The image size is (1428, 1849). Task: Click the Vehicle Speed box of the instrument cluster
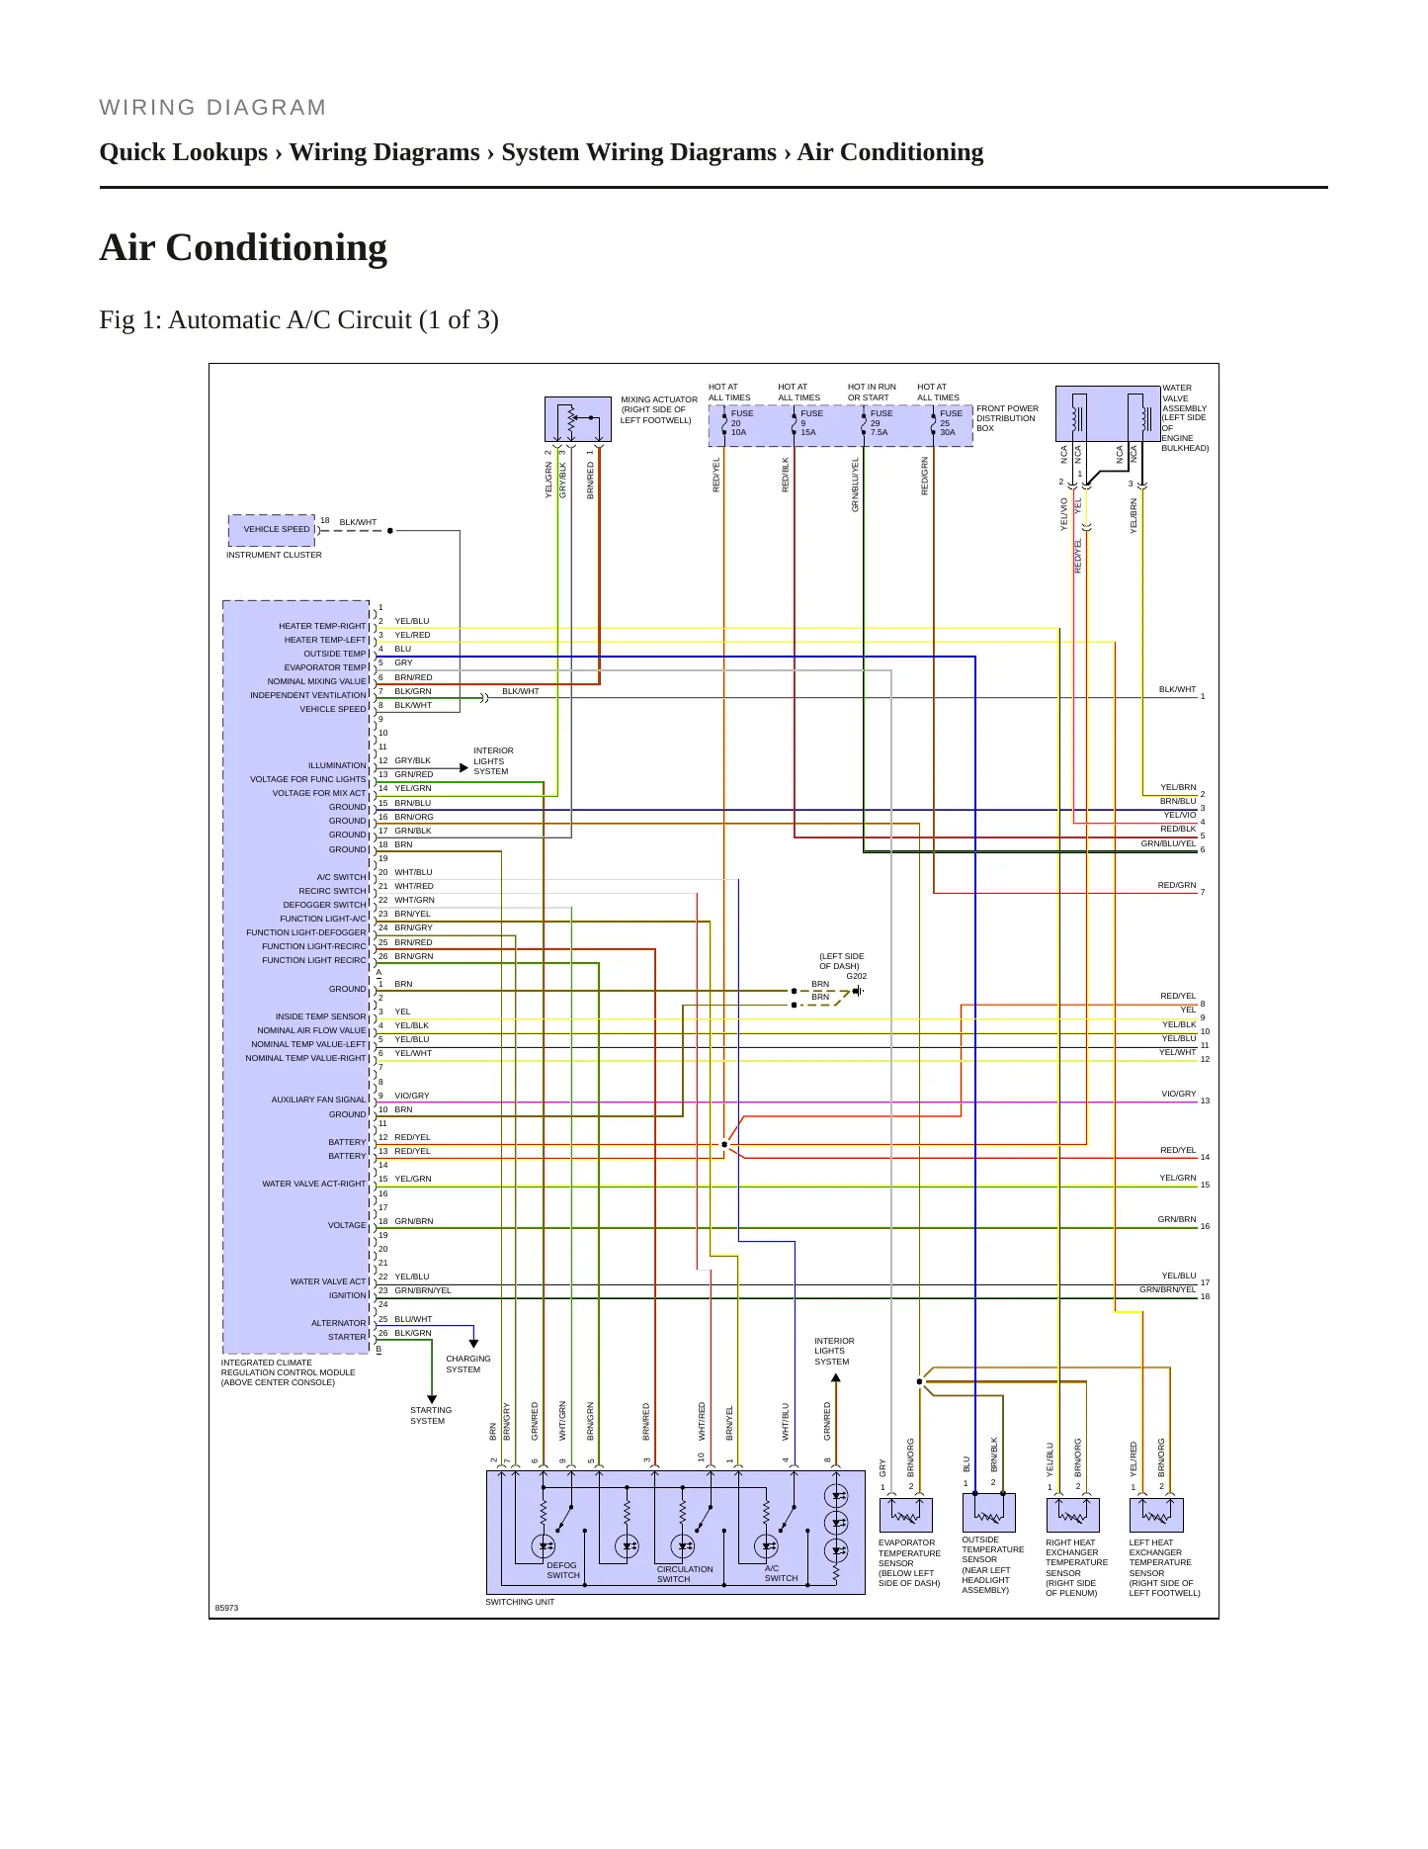pyautogui.click(x=273, y=530)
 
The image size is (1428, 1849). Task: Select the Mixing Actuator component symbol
pyautogui.click(x=578, y=419)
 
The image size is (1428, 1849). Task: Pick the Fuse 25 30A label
pyautogui.click(x=951, y=423)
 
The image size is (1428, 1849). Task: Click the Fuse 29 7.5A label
pyautogui.click(x=881, y=423)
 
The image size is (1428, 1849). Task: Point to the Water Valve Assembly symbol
pyautogui.click(x=1108, y=413)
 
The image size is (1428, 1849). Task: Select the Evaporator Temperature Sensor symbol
pyautogui.click(x=906, y=1515)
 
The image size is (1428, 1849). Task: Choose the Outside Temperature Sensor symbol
pyautogui.click(x=989, y=1512)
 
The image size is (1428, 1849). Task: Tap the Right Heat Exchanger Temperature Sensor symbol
pyautogui.click(x=1073, y=1515)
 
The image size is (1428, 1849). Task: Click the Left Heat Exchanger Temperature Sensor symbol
pyautogui.click(x=1156, y=1515)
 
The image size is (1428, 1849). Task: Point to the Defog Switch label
pyautogui.click(x=563, y=1570)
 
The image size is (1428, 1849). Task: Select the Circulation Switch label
pyautogui.click(x=685, y=1574)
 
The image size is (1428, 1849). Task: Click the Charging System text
pyautogui.click(x=467, y=1365)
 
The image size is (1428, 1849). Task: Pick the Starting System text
pyautogui.click(x=431, y=1416)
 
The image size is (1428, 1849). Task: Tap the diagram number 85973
pyautogui.click(x=227, y=1608)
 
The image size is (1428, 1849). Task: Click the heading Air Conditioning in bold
pyautogui.click(x=243, y=247)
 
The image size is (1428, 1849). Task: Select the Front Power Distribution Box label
pyautogui.click(x=1007, y=418)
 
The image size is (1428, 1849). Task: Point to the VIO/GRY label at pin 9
pyautogui.click(x=412, y=1096)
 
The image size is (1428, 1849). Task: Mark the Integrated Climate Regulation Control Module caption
pyautogui.click(x=288, y=1372)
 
